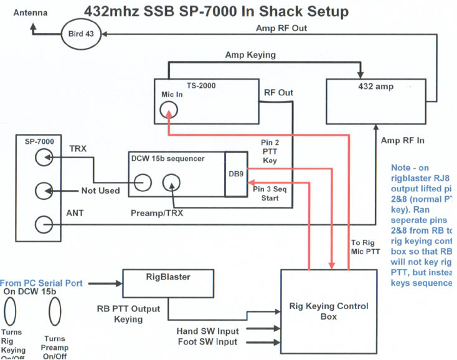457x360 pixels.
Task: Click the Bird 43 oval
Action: (x=81, y=34)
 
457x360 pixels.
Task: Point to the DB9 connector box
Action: (x=236, y=174)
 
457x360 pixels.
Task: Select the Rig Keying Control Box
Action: (x=328, y=311)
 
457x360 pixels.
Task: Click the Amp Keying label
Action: (x=250, y=55)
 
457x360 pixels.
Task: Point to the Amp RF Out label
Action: (x=281, y=28)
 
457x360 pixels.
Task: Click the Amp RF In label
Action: (x=402, y=141)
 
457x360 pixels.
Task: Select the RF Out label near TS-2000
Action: (x=278, y=93)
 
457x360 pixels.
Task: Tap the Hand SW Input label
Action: (x=207, y=331)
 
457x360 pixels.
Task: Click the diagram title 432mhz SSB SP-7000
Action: (x=216, y=12)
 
